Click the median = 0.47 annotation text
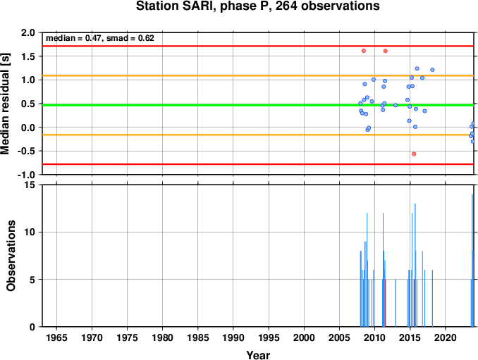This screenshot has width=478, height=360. click(x=73, y=38)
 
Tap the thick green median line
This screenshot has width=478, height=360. click(x=258, y=105)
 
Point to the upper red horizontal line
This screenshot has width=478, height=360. click(x=258, y=46)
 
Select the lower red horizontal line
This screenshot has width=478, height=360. click(x=258, y=164)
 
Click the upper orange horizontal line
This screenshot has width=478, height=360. click(x=258, y=75)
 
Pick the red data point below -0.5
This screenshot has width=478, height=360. click(x=414, y=154)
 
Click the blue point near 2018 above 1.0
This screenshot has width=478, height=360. click(x=432, y=70)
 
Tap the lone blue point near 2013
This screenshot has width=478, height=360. click(x=396, y=105)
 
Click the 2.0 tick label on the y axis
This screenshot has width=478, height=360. click(x=28, y=32)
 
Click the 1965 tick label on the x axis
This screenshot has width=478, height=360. click(x=56, y=337)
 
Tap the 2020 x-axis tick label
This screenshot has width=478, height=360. click(x=445, y=337)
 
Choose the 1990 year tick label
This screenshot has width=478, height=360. click(x=233, y=337)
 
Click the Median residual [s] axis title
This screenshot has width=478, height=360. click(x=6, y=104)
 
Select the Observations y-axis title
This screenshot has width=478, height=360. click(x=11, y=256)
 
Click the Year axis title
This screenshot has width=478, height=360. click(x=258, y=355)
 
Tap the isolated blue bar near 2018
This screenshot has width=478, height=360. click(x=432, y=298)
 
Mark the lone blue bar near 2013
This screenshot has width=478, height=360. click(x=396, y=303)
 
